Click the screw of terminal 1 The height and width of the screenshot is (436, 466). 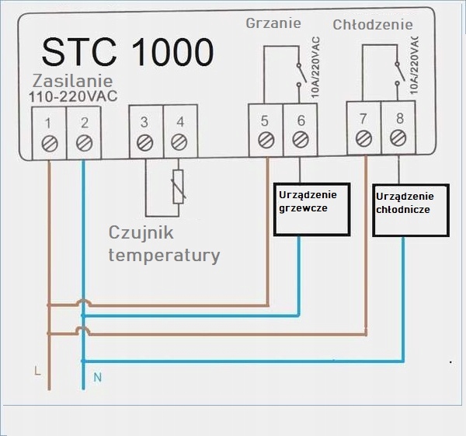pyautogui.click(x=50, y=144)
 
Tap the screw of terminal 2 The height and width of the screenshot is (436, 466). pyautogui.click(x=85, y=143)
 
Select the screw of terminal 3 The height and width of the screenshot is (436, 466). pyautogui.click(x=145, y=143)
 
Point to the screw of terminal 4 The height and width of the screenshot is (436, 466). pyautogui.click(x=179, y=142)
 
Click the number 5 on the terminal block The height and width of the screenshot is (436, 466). pyautogui.click(x=265, y=120)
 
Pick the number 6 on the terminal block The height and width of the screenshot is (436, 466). pyautogui.click(x=301, y=120)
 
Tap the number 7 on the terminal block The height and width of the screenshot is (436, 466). pyautogui.click(x=363, y=119)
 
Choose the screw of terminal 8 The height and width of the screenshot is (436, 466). pyautogui.click(x=398, y=138)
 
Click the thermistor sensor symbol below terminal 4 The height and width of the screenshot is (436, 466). pyautogui.click(x=179, y=187)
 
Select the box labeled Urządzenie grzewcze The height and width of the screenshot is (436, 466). pyautogui.click(x=311, y=209)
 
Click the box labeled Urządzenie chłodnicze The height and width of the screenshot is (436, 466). pyautogui.click(x=411, y=211)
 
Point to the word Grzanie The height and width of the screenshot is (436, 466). pyautogui.click(x=273, y=23)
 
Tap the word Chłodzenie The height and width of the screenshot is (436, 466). pyautogui.click(x=373, y=25)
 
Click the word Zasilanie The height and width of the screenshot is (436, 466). pyautogui.click(x=72, y=81)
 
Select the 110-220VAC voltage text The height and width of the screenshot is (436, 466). pyautogui.click(x=73, y=96)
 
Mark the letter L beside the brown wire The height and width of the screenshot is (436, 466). pyautogui.click(x=37, y=371)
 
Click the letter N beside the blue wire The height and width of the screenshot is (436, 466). pyautogui.click(x=98, y=378)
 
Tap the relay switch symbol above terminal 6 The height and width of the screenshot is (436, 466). pyautogui.click(x=301, y=75)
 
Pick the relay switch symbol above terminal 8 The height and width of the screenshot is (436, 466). pyautogui.click(x=399, y=74)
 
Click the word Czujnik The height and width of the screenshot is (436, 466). pyautogui.click(x=141, y=233)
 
